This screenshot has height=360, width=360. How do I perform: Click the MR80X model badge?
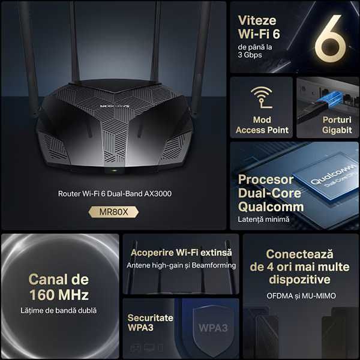pyautogui.click(x=113, y=211)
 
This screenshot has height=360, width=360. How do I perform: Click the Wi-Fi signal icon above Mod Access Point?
pyautogui.click(x=262, y=98)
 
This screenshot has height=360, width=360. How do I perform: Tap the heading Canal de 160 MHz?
pyautogui.click(x=59, y=287)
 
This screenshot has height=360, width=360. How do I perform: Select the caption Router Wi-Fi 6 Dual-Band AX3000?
pyautogui.click(x=113, y=194)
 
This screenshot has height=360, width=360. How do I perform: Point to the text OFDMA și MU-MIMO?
pyautogui.click(x=301, y=296)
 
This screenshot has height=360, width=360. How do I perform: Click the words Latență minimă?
pyautogui.click(x=263, y=220)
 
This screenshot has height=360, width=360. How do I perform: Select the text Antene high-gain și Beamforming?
pyautogui.click(x=181, y=265)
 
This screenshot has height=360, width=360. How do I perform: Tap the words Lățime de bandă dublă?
pyautogui.click(x=59, y=311)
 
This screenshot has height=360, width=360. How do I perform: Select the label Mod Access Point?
pyautogui.click(x=262, y=125)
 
